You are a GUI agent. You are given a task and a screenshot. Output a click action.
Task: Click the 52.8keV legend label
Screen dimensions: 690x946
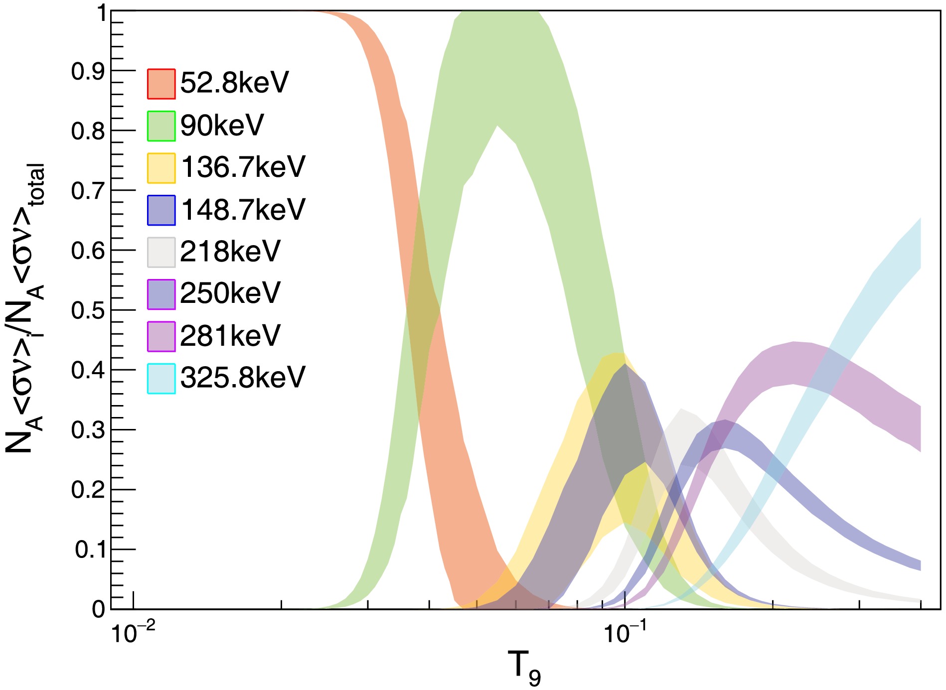coord(234,83)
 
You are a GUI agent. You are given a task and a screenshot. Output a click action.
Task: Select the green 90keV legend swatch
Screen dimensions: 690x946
coord(161,126)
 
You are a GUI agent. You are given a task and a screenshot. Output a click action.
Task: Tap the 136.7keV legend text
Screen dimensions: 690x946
coord(243,167)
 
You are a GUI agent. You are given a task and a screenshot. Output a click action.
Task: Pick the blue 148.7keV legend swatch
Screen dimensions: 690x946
coord(161,210)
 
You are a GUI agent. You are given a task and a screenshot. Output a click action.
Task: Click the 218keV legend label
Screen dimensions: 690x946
coord(230,252)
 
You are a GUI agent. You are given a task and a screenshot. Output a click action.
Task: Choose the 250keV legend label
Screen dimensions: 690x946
coord(230,293)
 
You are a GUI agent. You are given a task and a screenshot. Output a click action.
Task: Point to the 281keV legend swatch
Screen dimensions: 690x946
coord(161,336)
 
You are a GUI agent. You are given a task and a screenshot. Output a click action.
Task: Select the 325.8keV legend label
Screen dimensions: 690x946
coord(243,378)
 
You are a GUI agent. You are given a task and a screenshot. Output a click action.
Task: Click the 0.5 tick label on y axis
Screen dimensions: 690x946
coord(88,310)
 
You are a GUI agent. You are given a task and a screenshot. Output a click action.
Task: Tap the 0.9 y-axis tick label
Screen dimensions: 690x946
coord(88,71)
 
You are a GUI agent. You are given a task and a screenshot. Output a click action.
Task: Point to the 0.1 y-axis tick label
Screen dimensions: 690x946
coord(90,550)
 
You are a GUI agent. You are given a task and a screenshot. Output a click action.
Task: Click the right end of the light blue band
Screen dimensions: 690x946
coord(919,244)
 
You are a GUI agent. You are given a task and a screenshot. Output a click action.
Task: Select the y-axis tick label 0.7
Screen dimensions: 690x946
coord(88,191)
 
